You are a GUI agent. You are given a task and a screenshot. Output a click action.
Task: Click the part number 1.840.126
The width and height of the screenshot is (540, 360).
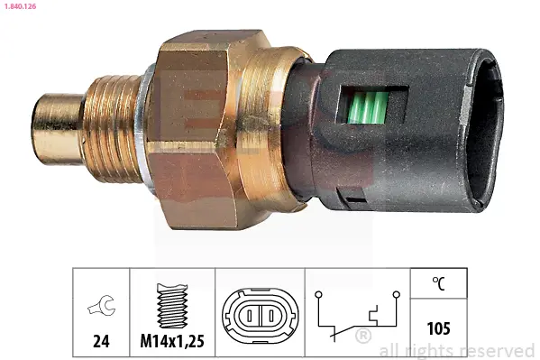[x=21, y=6]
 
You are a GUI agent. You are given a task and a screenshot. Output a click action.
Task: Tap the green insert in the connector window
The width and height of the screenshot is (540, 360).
[x=367, y=106]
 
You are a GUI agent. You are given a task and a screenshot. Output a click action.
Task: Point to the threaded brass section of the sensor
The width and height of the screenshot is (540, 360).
[x=112, y=128]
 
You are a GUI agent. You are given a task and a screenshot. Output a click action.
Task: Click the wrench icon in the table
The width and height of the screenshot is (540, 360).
[x=102, y=305]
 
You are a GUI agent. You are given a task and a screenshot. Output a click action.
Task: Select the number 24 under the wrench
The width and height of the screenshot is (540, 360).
[x=101, y=341]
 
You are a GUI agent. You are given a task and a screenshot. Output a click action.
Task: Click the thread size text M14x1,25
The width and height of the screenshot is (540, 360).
[x=172, y=341]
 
